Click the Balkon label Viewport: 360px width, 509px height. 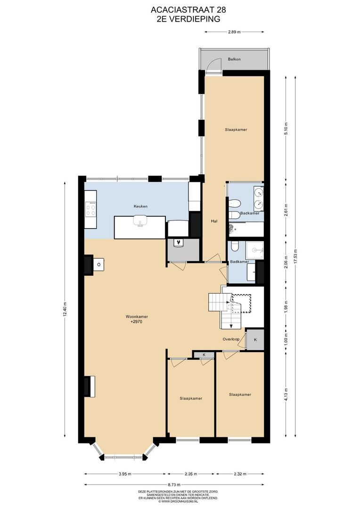234,59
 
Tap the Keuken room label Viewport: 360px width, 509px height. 140,206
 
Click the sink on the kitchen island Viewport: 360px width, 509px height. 140,221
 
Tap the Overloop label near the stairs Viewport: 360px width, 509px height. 231,339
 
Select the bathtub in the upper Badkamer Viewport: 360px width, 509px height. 245,230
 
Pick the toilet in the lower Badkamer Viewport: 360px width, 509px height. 235,247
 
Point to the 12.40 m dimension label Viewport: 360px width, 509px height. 65,310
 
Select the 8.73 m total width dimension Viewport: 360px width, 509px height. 174,484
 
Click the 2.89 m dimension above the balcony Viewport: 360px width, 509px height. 234,32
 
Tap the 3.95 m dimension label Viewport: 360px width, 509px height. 124,474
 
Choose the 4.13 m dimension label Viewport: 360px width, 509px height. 286,394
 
